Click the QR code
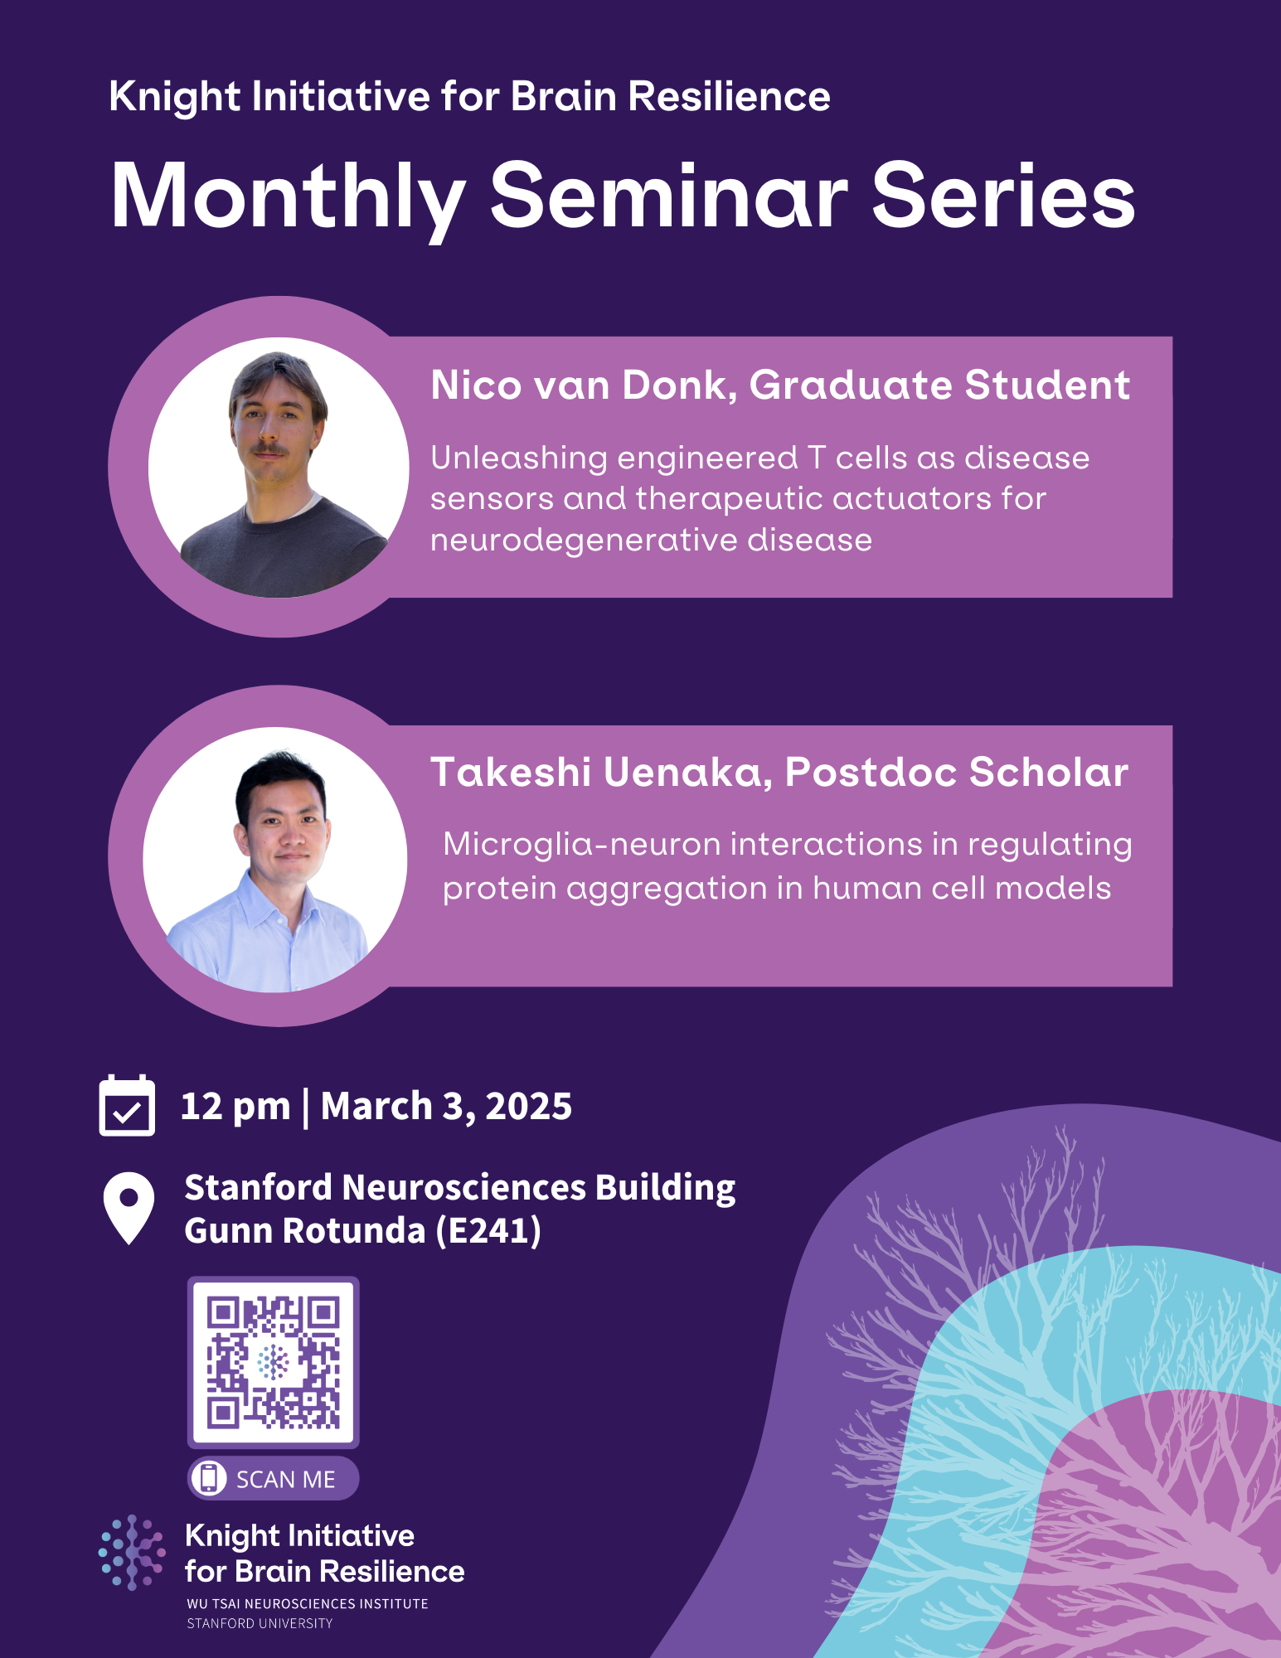[x=273, y=1362]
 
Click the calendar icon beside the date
[x=127, y=1107]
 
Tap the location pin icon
[x=129, y=1206]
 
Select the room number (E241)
[x=488, y=1231]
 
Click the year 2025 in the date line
[x=528, y=1107]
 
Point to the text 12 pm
[x=235, y=1107]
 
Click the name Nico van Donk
[x=583, y=385]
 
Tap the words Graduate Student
[x=939, y=385]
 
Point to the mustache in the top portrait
[x=269, y=448]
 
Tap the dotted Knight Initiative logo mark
[x=132, y=1552]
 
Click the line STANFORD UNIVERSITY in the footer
[x=260, y=1623]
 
